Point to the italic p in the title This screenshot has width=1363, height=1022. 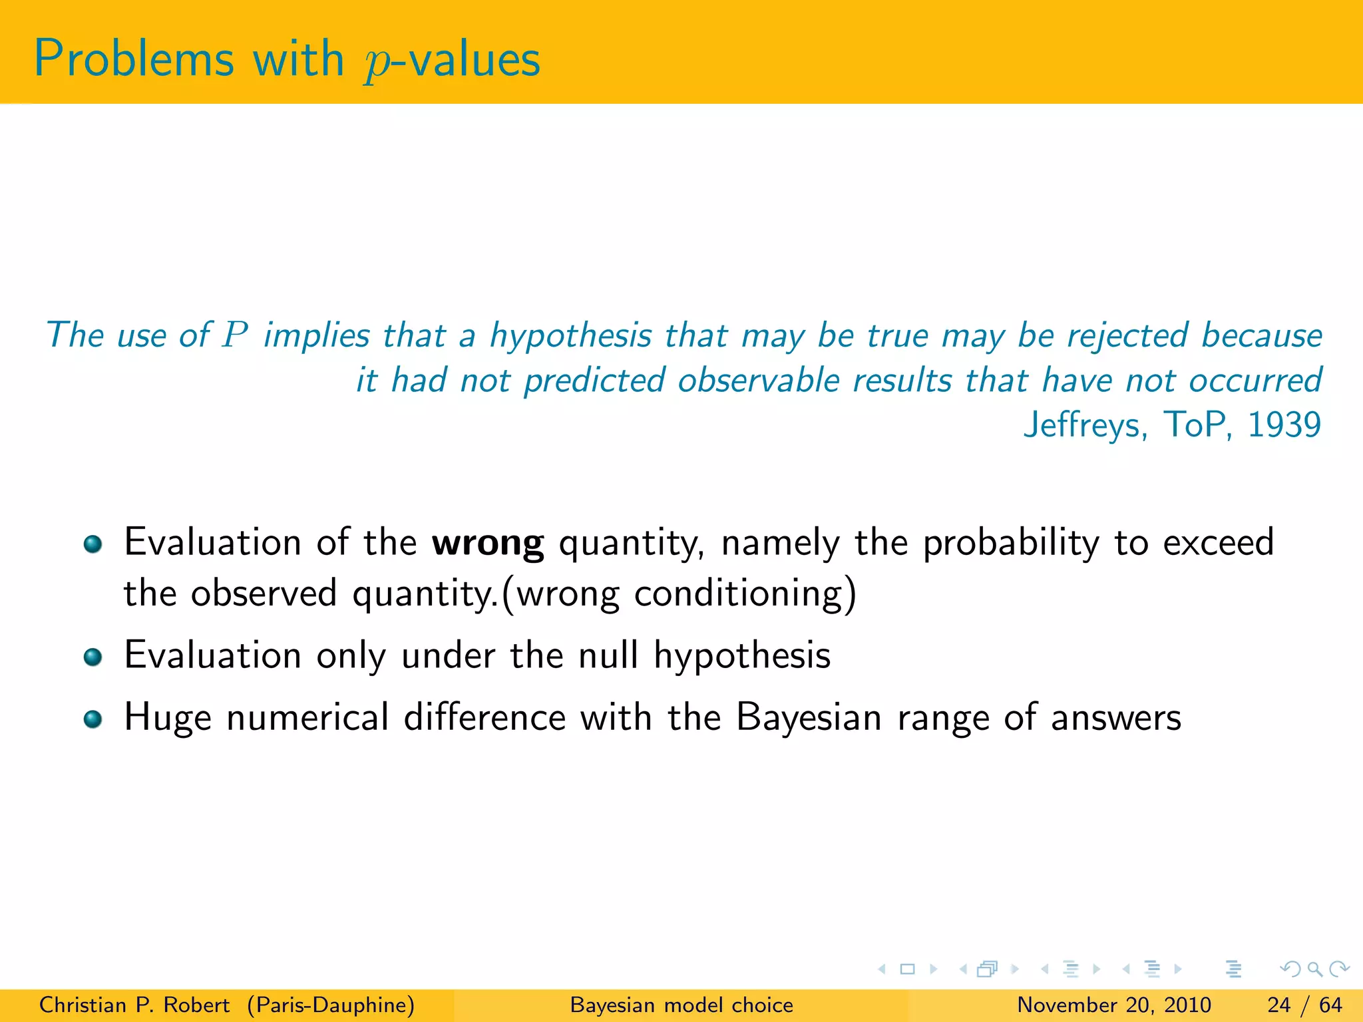[x=377, y=64]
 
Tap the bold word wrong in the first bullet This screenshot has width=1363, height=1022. [x=488, y=543]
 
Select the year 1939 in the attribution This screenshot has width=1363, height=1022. [x=1284, y=425]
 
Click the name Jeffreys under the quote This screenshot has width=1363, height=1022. [x=1085, y=425]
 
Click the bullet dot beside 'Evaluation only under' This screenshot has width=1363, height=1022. [x=93, y=657]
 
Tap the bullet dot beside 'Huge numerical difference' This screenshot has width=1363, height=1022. [x=93, y=719]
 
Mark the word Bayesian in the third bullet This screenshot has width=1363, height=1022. [x=809, y=719]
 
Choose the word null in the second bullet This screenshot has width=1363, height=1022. [x=608, y=655]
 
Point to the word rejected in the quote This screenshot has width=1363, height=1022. [x=1127, y=335]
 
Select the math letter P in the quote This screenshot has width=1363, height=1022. [x=235, y=335]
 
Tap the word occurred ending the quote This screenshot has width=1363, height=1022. [x=1255, y=381]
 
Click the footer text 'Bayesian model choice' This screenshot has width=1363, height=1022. [x=681, y=1005]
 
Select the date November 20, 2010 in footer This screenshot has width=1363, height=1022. [x=1114, y=1005]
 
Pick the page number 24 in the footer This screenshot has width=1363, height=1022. [x=1279, y=1005]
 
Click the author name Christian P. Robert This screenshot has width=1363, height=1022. [x=134, y=1005]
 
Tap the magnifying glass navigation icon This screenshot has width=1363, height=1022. [x=1314, y=969]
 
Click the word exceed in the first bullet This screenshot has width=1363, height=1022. [x=1218, y=542]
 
